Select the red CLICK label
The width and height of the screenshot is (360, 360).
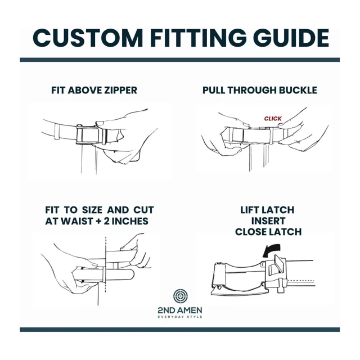[x=273, y=119]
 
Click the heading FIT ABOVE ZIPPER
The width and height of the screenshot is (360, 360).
[x=94, y=90]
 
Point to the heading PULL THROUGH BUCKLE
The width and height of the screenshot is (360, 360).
[x=260, y=90]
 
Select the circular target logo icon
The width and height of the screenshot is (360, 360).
[x=179, y=296]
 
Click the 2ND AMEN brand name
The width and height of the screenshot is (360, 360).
[x=180, y=310]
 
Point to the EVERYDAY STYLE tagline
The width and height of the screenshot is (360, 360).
[x=180, y=317]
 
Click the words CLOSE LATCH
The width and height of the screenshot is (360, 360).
[x=268, y=232]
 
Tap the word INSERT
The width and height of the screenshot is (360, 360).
[x=268, y=221]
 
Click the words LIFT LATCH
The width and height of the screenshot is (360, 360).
[x=268, y=210]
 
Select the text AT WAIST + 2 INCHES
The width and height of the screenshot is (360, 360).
[x=97, y=221]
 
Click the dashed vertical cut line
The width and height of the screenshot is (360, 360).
[x=105, y=264]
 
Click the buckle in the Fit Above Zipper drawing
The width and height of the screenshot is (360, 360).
[x=88, y=136]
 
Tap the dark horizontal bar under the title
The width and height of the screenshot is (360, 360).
[x=180, y=59]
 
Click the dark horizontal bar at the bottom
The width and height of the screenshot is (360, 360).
[x=180, y=330]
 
